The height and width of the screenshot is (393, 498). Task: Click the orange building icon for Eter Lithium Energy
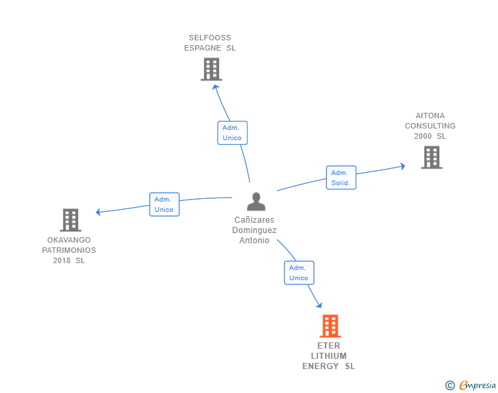(330, 326)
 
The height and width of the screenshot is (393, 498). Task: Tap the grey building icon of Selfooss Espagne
(211, 69)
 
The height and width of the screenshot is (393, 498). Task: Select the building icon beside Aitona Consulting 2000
(431, 157)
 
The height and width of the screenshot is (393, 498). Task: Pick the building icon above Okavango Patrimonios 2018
(70, 220)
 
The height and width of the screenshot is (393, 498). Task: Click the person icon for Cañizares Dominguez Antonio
(256, 202)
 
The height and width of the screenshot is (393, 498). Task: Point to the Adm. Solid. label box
(341, 178)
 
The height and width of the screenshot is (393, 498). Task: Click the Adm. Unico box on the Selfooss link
(232, 133)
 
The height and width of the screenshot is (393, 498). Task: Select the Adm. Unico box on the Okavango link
(164, 204)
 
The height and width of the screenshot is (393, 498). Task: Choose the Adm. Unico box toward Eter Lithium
(299, 273)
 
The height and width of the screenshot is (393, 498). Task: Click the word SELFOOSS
(210, 38)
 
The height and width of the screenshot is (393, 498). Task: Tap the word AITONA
(430, 116)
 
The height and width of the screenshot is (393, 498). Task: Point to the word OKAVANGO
(69, 240)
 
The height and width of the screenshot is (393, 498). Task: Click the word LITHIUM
(328, 356)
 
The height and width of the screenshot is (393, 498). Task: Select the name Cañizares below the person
(254, 220)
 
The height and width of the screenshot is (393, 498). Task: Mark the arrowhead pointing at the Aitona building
(402, 165)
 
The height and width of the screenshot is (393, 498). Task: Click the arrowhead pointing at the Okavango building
(99, 212)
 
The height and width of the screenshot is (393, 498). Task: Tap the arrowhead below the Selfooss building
(215, 86)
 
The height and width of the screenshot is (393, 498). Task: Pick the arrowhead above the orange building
(318, 306)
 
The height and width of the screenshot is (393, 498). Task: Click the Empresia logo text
(477, 385)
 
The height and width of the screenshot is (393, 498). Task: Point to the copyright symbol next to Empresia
(449, 385)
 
